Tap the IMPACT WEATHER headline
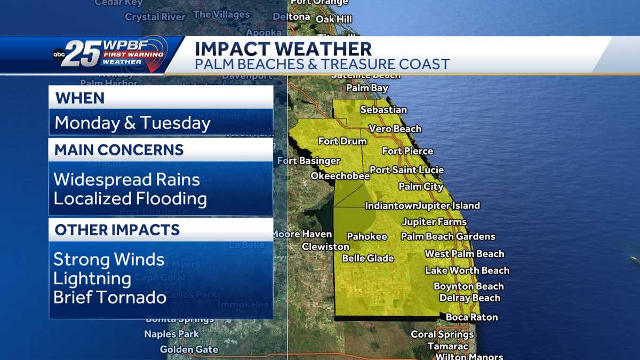pyautogui.click(x=283, y=49)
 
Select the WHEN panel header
pyautogui.click(x=80, y=98)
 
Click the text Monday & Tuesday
pyautogui.click(x=133, y=123)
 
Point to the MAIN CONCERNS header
pyautogui.click(x=119, y=150)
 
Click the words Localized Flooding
pyautogui.click(x=130, y=199)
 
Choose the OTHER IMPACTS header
pyautogui.click(x=117, y=230)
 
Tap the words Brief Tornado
pyautogui.click(x=110, y=297)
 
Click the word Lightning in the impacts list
pyautogui.click(x=92, y=278)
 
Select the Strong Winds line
pyautogui.click(x=109, y=260)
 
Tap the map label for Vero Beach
pyautogui.click(x=395, y=129)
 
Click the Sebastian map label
pyautogui.click(x=383, y=110)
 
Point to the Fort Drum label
pyautogui.click(x=342, y=141)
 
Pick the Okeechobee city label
pyautogui.click(x=340, y=176)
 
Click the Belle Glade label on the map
pyautogui.click(x=368, y=259)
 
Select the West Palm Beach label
pyautogui.click(x=465, y=254)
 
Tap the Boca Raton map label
pyautogui.click(x=472, y=317)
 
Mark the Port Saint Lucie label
pyautogui.click(x=407, y=170)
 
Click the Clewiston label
pyautogui.click(x=325, y=247)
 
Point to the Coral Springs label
pyautogui.click(x=442, y=334)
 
